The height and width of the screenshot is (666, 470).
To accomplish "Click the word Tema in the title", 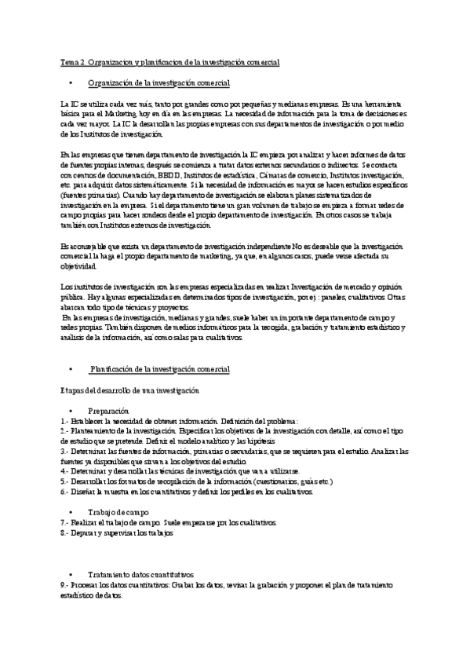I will pos(70,60).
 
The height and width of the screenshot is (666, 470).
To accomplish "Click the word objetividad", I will pos(79,265).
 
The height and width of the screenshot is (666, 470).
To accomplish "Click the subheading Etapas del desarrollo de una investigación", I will pos(130,390).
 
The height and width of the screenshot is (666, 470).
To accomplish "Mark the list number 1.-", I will pos(64,420).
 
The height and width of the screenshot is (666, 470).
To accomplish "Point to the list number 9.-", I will pos(64,585).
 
